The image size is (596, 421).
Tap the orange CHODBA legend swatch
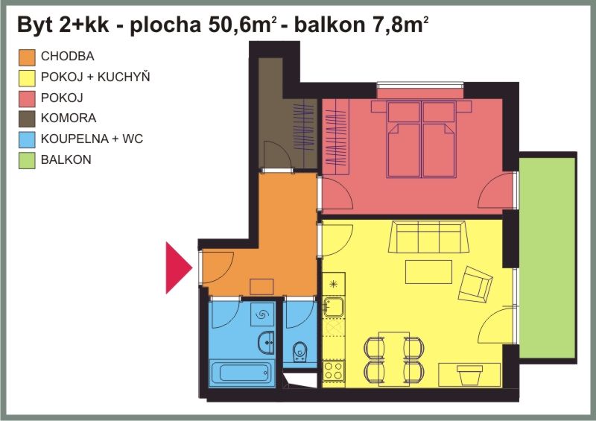pos(27,57)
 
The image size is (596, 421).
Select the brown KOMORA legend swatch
pos(27,118)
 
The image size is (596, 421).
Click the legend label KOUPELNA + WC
pos(92,139)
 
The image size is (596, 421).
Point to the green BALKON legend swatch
pos(27,160)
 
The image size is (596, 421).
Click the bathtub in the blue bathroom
pos(241,373)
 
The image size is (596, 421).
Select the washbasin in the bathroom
pos(266,342)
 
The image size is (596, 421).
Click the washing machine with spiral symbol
pos(262,314)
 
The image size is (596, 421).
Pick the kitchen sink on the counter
pos(333,307)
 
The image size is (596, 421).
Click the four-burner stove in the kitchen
pos(333,371)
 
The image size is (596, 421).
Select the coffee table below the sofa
pos(428,272)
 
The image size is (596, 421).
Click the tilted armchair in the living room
pos(475,285)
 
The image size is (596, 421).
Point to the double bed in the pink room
pos(421,139)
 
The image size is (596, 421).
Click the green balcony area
pos(548,258)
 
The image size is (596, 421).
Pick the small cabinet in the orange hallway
pos(262,287)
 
